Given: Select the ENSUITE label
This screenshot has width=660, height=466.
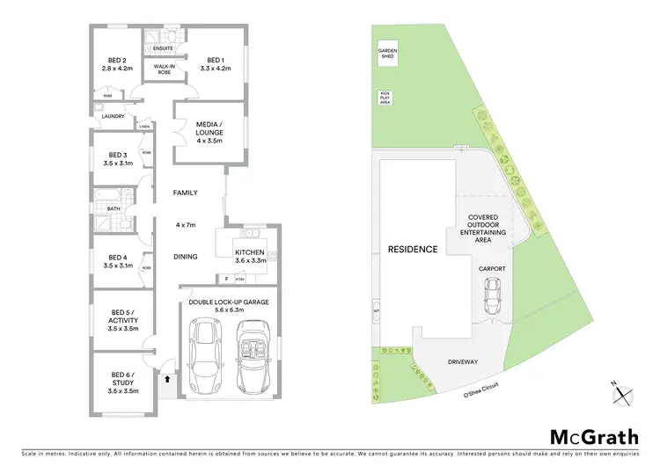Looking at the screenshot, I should pos(164,49).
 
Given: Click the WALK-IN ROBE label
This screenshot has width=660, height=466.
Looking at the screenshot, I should pos(163,69).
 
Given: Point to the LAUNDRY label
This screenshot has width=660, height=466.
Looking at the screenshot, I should pos(112,115).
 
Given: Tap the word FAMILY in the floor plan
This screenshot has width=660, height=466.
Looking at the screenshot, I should pos(185,193).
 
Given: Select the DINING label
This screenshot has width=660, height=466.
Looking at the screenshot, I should pos(185,257).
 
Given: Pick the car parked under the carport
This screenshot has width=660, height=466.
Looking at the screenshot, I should pos(492,297).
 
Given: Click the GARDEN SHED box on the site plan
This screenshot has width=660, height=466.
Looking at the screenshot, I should pos(388,53).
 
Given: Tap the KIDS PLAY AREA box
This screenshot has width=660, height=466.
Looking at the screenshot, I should pos(385,98).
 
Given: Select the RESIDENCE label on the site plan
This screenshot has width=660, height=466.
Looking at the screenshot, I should pos(413,250).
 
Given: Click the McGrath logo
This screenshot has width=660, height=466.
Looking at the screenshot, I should pos(594,436).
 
